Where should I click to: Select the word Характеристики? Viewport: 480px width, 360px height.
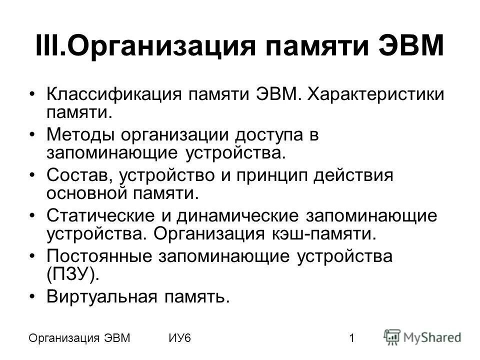tap(375, 94)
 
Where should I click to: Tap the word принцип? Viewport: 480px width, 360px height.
tap(270, 175)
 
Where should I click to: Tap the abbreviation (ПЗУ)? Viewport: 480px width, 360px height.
tap(70, 273)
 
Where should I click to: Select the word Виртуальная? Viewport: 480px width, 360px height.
tap(98, 297)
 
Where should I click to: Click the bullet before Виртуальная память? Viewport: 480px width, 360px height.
tap(33, 297)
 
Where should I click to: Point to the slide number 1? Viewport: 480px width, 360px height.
tap(352, 338)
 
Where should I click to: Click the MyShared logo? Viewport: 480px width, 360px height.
tap(423, 337)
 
